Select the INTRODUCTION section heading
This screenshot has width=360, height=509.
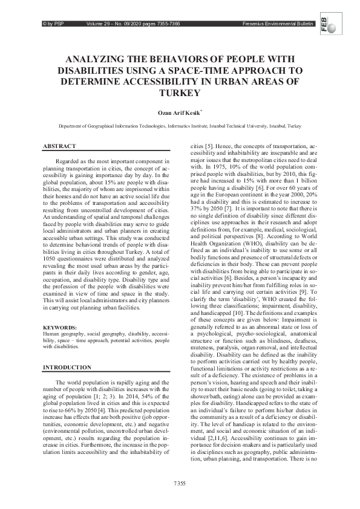(x=67, y=368)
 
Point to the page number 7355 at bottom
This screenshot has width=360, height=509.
(x=179, y=483)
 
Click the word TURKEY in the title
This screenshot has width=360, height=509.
(x=180, y=93)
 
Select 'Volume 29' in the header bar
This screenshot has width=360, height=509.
(x=100, y=24)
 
